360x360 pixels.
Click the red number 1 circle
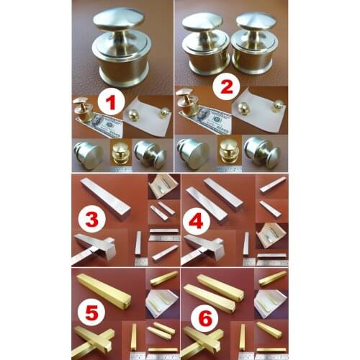(110, 103)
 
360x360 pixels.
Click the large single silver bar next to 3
(105, 197)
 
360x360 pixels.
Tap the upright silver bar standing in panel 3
(138, 243)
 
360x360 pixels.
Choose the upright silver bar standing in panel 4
(246, 243)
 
